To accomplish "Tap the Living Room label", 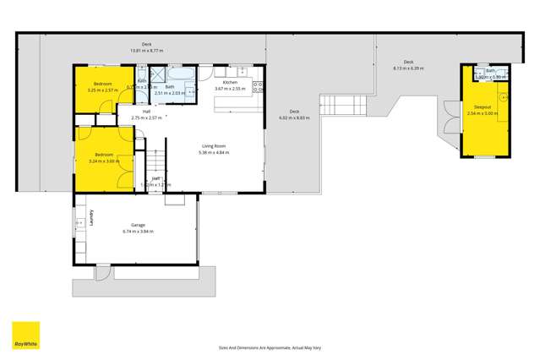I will tap(212, 146).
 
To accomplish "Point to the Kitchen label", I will tap(230, 82).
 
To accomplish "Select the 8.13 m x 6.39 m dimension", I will tap(408, 68).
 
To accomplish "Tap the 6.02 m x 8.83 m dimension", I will tap(294, 117).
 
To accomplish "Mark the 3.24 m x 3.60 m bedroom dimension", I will tap(105, 161).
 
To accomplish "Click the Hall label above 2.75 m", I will tap(146, 112).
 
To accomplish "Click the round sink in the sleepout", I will tap(502, 98).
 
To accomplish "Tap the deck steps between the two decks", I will tap(341, 107).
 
